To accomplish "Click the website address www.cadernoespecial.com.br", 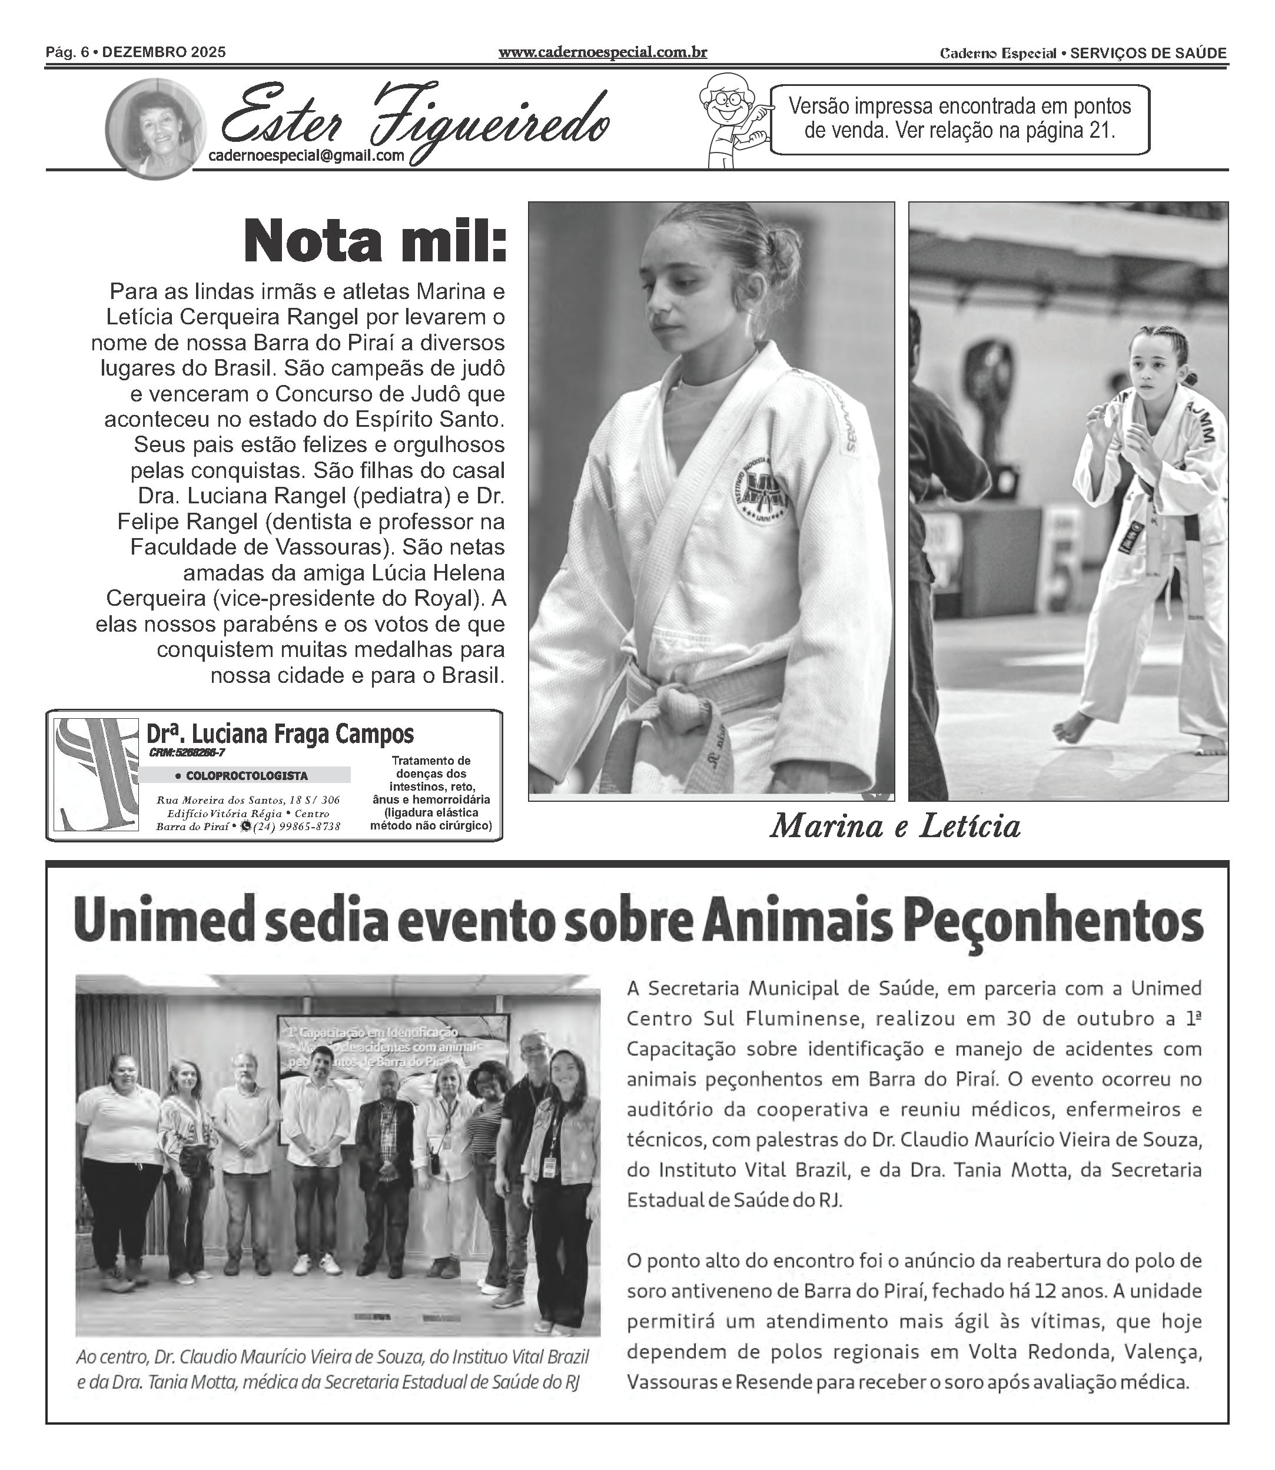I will pyautogui.click(x=603, y=52).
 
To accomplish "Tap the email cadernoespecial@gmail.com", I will pyautogui.click(x=306, y=156).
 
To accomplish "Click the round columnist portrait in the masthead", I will pyautogui.click(x=156, y=129).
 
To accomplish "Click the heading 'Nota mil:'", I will pyautogui.click(x=375, y=243).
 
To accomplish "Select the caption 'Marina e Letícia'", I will pyautogui.click(x=895, y=826).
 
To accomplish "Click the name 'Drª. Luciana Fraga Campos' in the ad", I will pyautogui.click(x=280, y=734).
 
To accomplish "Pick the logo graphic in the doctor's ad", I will pyautogui.click(x=96, y=774).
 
